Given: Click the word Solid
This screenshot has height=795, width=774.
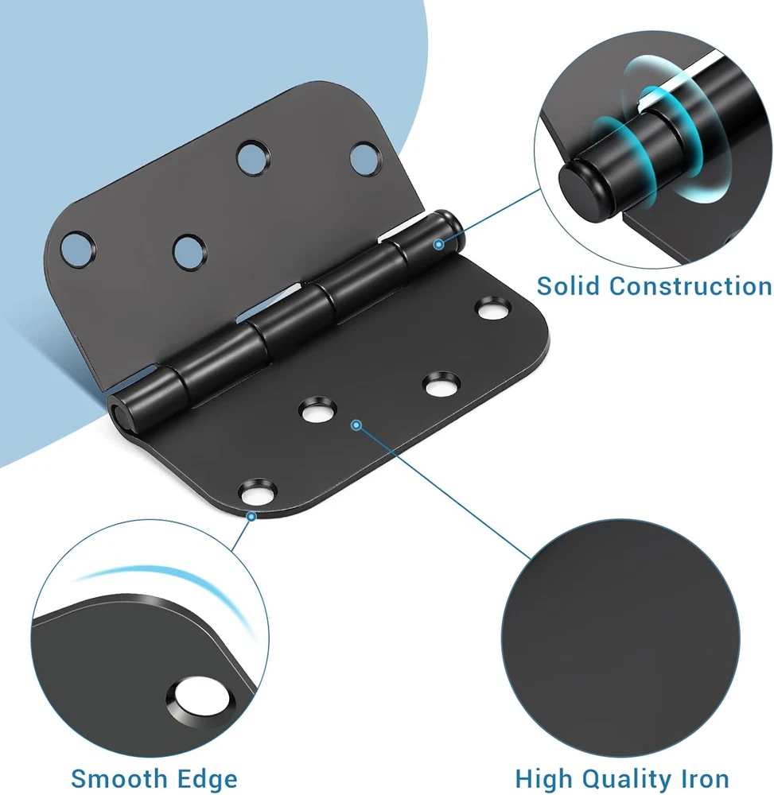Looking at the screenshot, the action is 568,285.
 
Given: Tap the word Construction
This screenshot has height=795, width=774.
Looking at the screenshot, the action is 690,286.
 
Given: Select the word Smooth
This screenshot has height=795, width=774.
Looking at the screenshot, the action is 119,778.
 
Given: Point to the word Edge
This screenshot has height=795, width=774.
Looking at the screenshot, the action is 207,778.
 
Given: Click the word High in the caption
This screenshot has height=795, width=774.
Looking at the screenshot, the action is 544,778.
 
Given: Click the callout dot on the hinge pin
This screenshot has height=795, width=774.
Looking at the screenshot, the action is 439,244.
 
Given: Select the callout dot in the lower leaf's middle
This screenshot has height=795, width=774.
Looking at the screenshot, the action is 356,425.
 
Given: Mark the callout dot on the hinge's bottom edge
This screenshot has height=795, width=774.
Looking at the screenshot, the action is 251,517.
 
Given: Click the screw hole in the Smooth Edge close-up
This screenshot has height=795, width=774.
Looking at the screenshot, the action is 200,698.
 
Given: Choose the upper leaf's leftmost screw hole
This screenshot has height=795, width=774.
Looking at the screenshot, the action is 78,250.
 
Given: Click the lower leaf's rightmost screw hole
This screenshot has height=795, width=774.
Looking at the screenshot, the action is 493,308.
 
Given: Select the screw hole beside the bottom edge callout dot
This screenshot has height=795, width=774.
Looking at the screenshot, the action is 259,492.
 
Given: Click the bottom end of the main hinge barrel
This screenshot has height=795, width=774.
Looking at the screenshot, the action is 120,412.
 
